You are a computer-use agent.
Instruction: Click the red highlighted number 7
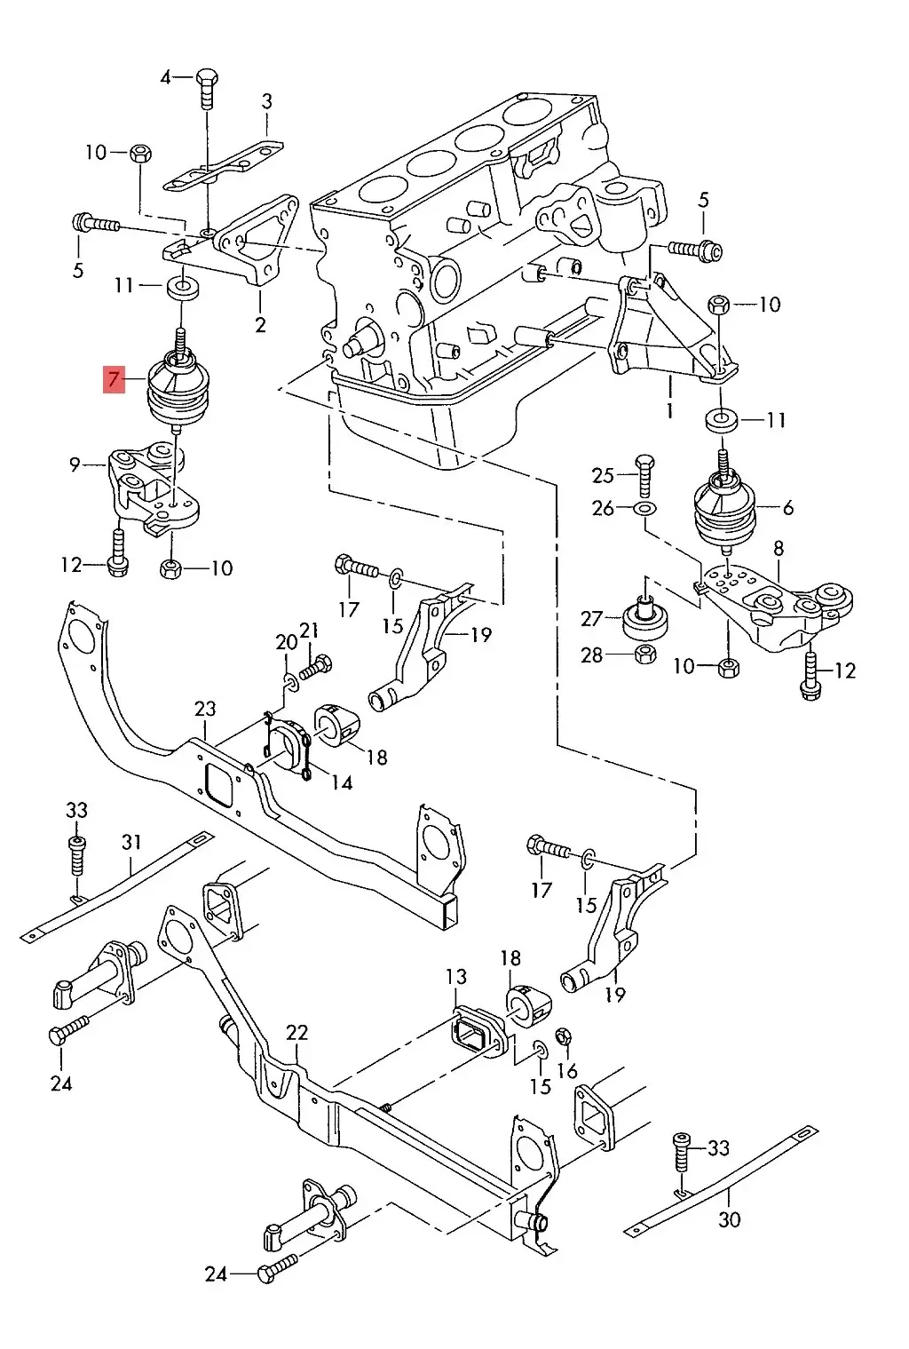point(115,381)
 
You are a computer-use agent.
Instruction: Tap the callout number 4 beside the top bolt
point(165,77)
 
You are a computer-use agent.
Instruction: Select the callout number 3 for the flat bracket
point(266,101)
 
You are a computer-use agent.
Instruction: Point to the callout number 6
point(787,508)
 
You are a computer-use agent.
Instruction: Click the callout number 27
point(591,618)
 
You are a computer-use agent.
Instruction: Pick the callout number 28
point(591,655)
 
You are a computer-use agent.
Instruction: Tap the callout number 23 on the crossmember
point(205,709)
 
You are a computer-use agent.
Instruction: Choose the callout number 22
point(296,1032)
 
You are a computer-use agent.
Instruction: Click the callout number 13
point(455,977)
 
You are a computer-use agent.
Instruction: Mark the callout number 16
point(568,1071)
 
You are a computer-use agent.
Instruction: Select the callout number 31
point(131,840)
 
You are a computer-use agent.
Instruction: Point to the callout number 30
point(729,1219)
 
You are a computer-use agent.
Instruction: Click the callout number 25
point(603,475)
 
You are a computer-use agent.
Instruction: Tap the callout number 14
point(342,782)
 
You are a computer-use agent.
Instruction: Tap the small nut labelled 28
point(644,655)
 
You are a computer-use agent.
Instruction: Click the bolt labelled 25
point(645,472)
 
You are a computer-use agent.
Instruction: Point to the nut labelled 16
point(562,1036)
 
